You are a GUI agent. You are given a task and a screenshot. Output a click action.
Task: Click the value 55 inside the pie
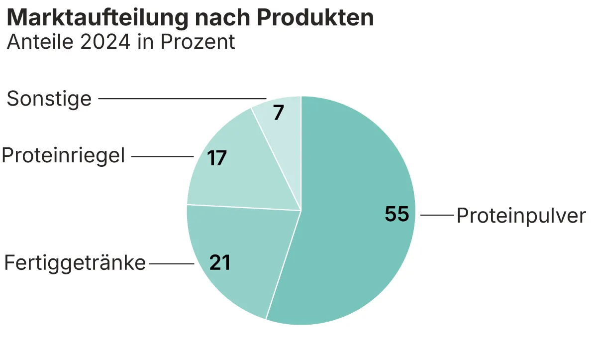pos(397,214)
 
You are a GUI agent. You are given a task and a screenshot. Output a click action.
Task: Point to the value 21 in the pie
pos(220,262)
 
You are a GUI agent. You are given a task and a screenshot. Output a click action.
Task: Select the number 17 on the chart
pos(217,158)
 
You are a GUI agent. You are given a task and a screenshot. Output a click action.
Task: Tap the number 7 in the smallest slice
pos(279,113)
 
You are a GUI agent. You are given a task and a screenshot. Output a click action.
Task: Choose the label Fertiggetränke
pos(75,262)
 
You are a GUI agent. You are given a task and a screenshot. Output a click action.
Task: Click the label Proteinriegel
pos(63,156)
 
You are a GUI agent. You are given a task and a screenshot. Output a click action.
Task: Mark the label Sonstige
pos(49,99)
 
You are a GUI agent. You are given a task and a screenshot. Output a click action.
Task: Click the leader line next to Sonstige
pos(182,99)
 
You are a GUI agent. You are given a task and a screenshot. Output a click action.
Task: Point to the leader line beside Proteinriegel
pos(162,156)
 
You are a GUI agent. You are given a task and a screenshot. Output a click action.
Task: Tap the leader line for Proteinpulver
pos(437,215)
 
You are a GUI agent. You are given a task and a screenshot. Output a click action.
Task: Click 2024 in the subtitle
pos(103,42)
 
